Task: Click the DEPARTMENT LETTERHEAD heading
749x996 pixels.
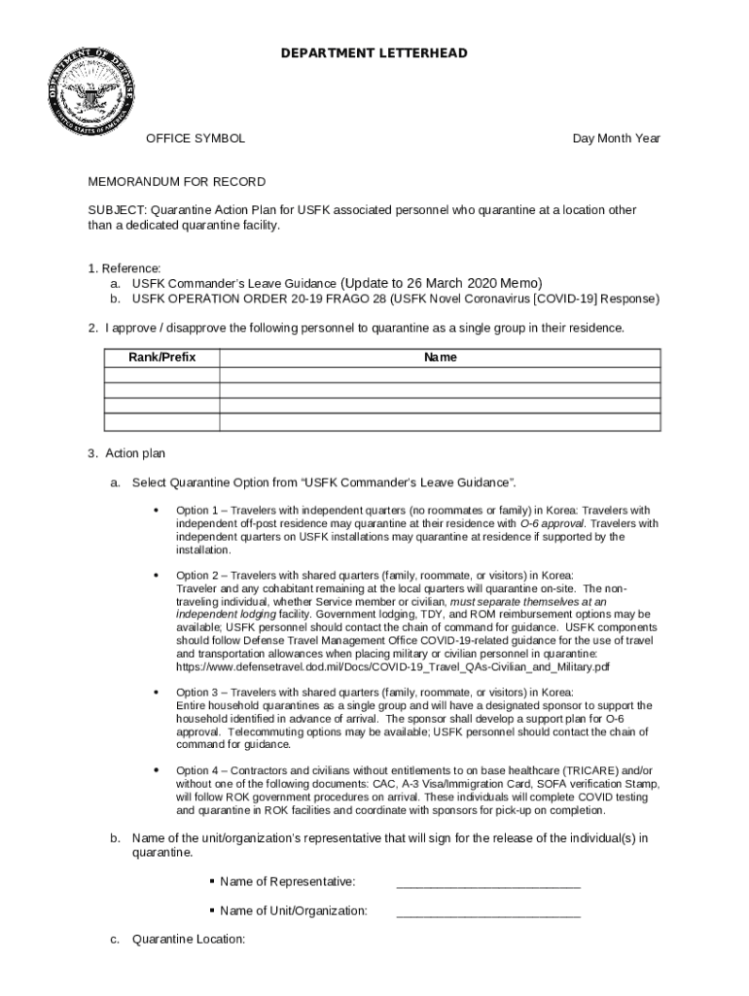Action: [374, 53]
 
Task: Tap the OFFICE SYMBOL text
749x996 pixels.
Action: [196, 138]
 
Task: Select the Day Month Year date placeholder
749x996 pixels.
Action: [616, 138]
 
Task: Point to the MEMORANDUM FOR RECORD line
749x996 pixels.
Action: [177, 182]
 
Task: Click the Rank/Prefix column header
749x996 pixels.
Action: [162, 358]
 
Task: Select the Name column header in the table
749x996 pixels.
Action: [440, 358]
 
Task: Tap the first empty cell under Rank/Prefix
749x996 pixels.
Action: [162, 374]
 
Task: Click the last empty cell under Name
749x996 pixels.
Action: [440, 422]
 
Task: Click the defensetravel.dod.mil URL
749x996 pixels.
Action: [393, 667]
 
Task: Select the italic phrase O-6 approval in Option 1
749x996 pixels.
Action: [553, 523]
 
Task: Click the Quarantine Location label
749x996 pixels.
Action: [189, 940]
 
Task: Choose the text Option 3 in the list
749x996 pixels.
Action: [199, 692]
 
